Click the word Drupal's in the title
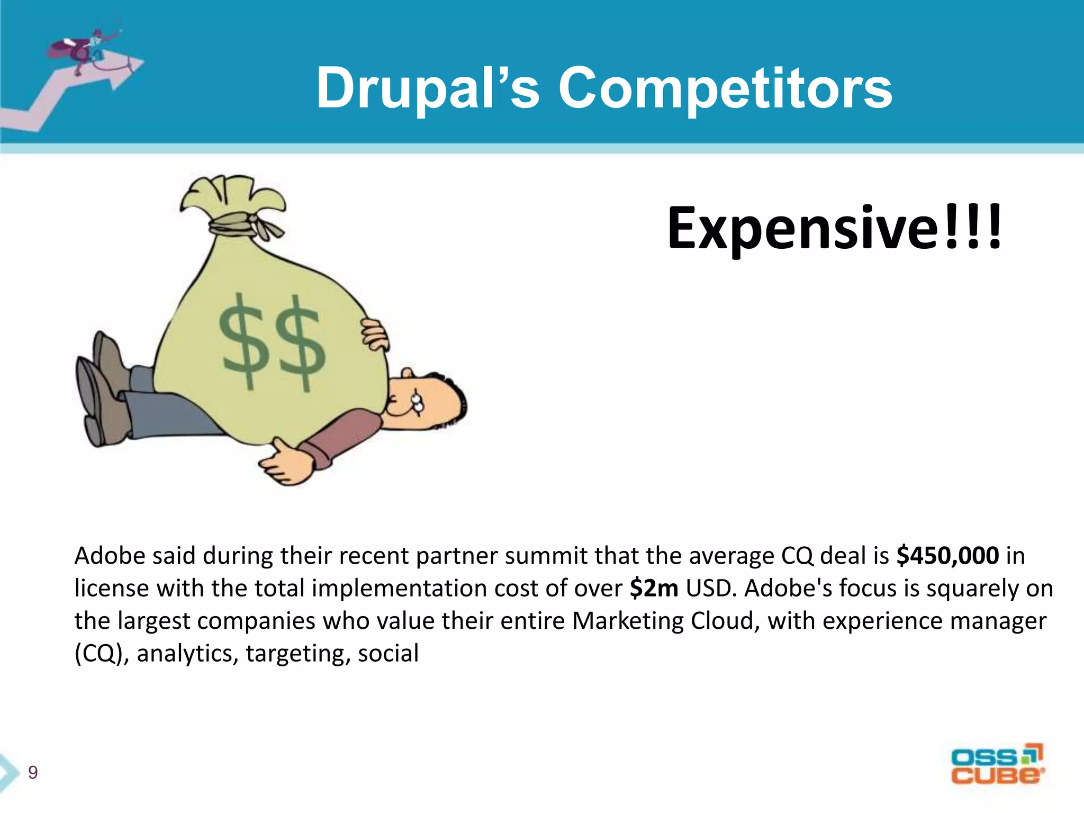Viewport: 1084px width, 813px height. pos(428,89)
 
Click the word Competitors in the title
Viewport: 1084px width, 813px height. pos(725,89)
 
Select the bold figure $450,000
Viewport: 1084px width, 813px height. pos(947,556)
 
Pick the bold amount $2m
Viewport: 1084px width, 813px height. pos(654,589)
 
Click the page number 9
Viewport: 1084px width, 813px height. pos(33,773)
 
